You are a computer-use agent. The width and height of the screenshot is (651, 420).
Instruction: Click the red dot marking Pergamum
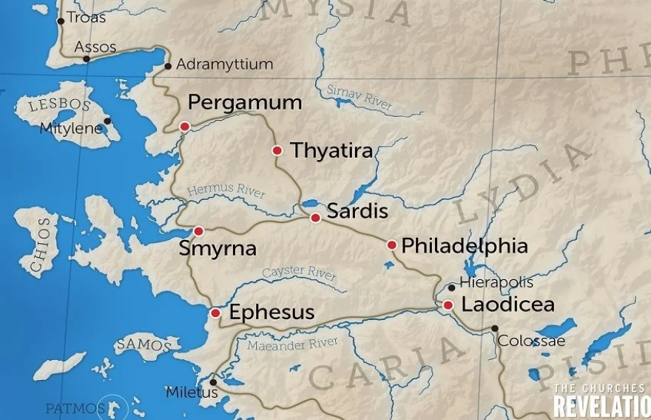pos(184,127)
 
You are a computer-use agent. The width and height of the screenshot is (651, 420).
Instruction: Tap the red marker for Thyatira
pos(277,150)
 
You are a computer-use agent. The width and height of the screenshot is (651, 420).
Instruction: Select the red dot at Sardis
pos(315,218)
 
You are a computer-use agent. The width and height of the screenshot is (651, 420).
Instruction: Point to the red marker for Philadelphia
pos(391,245)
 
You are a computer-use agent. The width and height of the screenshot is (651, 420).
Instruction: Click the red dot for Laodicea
pos(448,304)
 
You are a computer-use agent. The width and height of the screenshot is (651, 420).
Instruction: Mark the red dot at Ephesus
pos(215,313)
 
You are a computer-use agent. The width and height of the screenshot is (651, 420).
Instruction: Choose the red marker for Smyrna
pos(198,231)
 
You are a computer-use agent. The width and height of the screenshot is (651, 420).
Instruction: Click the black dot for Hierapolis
pos(451,287)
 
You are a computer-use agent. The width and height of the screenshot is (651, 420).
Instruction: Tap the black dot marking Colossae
pos(495,328)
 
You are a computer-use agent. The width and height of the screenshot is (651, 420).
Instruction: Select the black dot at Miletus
pos(214,382)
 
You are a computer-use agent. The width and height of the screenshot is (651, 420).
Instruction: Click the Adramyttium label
pos(224,64)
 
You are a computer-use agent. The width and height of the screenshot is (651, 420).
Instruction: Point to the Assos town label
pos(95,47)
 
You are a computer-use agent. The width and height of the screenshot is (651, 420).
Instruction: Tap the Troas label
pos(86,18)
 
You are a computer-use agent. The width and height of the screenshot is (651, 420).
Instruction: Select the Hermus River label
pos(226,191)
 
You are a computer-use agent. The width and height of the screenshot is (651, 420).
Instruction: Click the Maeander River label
pos(292,344)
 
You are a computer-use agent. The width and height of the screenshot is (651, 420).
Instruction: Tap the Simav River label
pos(360,97)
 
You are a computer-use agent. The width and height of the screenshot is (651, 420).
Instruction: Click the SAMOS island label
pos(144,345)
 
